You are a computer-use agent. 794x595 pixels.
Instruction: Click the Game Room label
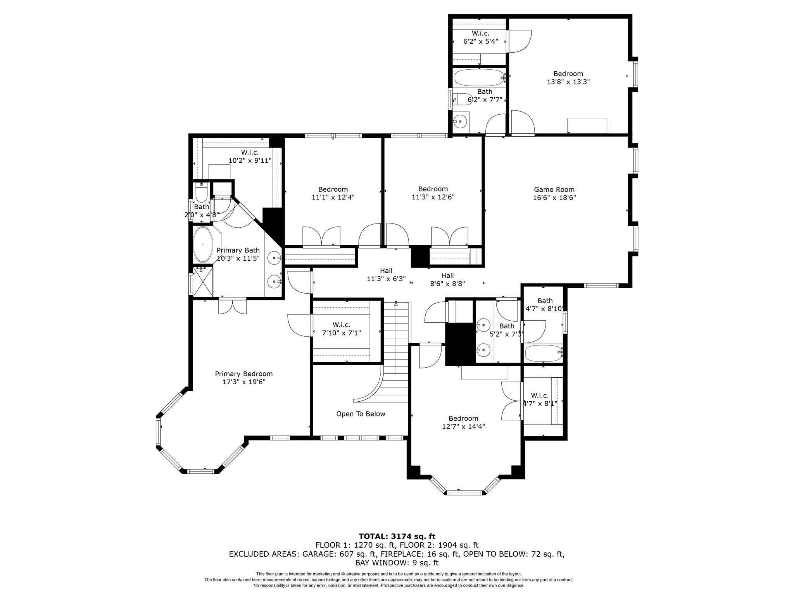pyautogui.click(x=554, y=189)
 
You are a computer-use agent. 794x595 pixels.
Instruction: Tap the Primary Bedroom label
pyautogui.click(x=243, y=374)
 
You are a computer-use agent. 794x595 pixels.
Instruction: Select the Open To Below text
pyautogui.click(x=361, y=414)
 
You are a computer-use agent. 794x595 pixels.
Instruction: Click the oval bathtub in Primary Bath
pyautogui.click(x=203, y=244)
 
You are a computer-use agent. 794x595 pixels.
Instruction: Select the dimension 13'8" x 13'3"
pyautogui.click(x=568, y=82)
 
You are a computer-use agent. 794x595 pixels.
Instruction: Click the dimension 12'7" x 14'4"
pyautogui.click(x=463, y=426)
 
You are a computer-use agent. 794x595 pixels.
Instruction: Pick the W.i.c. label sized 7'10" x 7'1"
pyautogui.click(x=341, y=325)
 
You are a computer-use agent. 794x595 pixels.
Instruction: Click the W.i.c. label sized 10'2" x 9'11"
pyautogui.click(x=250, y=153)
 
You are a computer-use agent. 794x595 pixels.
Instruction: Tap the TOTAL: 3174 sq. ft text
pyautogui.click(x=397, y=536)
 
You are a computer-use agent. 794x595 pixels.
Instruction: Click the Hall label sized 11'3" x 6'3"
pyautogui.click(x=386, y=271)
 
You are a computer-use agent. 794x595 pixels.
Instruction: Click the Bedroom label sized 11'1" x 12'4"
pyautogui.click(x=333, y=189)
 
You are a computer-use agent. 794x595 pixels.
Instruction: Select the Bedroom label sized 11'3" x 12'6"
pyautogui.click(x=433, y=189)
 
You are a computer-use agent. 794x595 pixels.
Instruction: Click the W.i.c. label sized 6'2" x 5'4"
pyautogui.click(x=480, y=33)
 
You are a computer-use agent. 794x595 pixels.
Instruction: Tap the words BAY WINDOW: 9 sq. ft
pyautogui.click(x=397, y=563)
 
